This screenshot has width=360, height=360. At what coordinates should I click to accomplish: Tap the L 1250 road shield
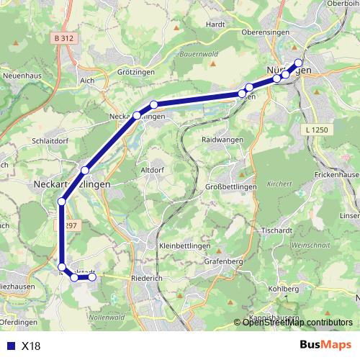coord(310,127)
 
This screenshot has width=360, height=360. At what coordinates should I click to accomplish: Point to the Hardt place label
coord(215,23)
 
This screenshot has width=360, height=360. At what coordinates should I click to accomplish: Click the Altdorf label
coord(153,169)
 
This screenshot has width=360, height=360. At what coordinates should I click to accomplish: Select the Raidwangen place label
coord(220,139)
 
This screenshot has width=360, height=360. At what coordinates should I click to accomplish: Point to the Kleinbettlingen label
coord(180,245)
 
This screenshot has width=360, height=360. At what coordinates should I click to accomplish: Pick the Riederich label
coord(137,275)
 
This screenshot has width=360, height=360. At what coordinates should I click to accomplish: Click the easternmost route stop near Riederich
coord(91,277)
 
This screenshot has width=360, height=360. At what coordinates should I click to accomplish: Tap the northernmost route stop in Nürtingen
coord(299,63)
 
